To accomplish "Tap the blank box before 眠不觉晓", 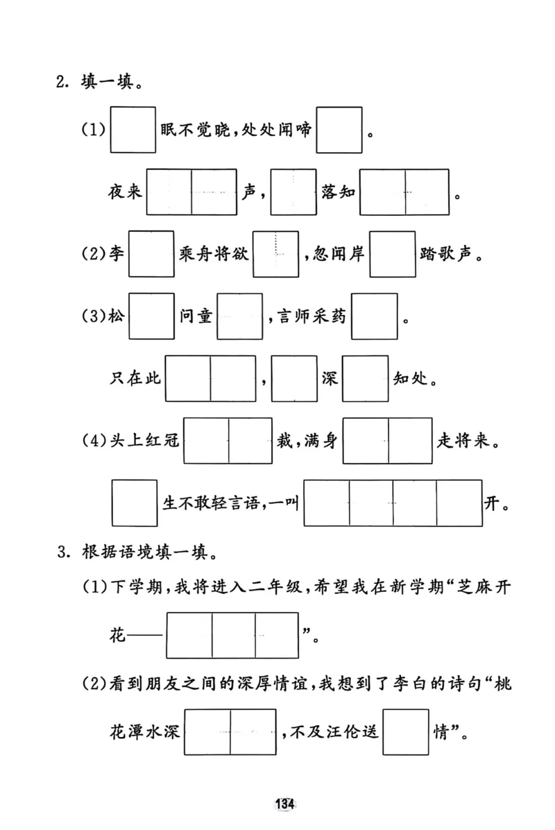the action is tap(133, 130).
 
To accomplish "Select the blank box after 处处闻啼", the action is tap(339, 130).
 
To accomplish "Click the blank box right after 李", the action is tap(151, 253).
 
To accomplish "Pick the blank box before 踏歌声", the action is tap(392, 253).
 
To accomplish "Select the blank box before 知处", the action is tap(366, 378).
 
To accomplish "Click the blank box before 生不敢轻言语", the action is tap(134, 503).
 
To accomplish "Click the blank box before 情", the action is tap(406, 732).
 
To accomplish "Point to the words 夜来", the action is tap(125, 192).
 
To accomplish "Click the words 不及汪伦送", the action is tap(331, 732).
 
